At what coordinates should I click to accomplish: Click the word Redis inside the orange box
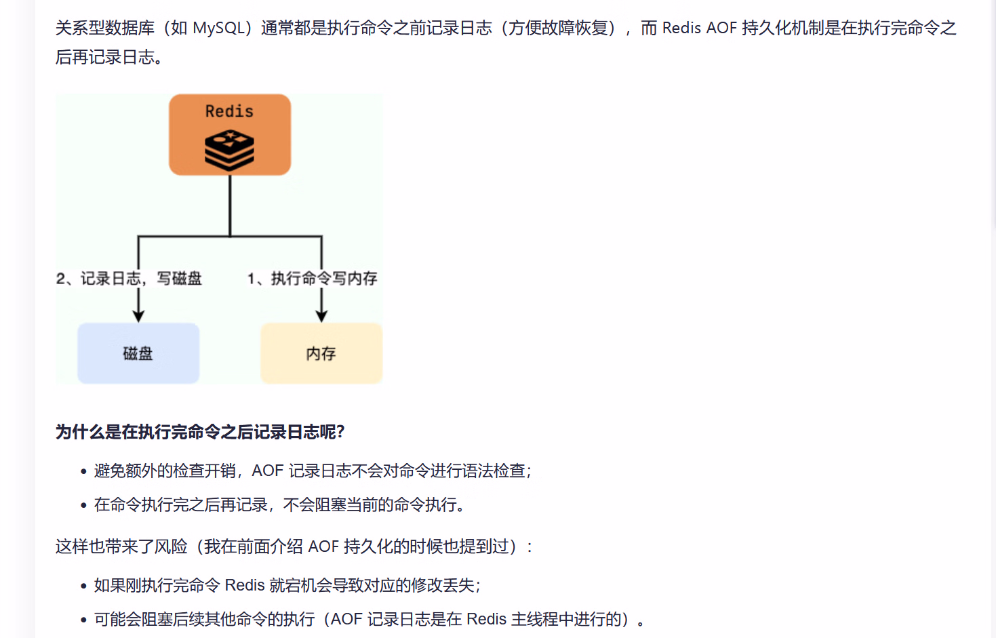click(229, 111)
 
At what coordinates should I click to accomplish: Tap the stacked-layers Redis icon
click(229, 150)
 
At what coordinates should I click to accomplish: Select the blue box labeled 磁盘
click(138, 353)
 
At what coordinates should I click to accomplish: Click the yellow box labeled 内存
click(321, 353)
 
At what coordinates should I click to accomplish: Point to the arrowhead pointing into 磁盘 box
click(138, 316)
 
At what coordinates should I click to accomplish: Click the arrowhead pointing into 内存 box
click(321, 316)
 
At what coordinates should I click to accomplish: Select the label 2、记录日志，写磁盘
click(129, 279)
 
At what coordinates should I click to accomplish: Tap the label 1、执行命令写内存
click(312, 279)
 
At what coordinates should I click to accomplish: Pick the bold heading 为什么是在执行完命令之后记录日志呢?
click(200, 432)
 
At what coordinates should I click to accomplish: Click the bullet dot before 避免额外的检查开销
click(83, 471)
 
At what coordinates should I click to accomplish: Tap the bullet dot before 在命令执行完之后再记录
click(83, 505)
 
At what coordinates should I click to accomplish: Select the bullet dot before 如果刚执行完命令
click(83, 586)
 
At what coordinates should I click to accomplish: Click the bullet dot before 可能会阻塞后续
click(83, 620)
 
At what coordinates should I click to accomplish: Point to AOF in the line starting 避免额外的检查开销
click(267, 471)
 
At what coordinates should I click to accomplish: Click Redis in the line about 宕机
click(244, 585)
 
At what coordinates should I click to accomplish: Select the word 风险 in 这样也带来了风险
click(171, 546)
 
